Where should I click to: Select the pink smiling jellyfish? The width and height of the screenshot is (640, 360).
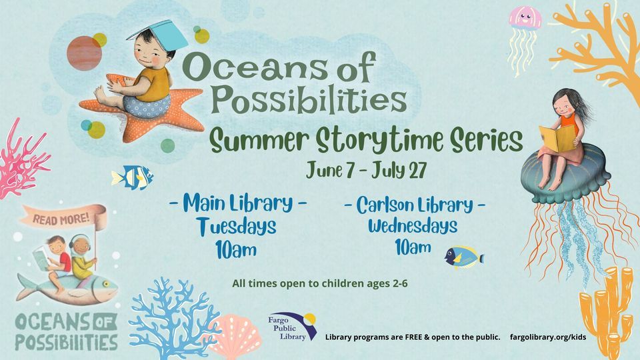(524, 18)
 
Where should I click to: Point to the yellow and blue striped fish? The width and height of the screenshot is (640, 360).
(132, 177)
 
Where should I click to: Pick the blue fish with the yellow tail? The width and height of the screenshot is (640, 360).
(463, 256)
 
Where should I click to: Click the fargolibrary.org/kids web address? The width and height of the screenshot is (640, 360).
(548, 337)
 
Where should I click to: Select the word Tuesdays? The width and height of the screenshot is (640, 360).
(237, 227)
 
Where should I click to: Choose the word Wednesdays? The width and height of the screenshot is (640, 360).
(413, 226)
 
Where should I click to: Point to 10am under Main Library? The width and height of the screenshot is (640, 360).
(237, 250)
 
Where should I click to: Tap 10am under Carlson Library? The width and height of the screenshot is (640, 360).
(413, 248)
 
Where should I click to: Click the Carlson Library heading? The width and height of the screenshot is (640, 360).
(414, 205)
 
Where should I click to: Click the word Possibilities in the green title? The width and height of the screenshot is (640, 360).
(309, 99)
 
